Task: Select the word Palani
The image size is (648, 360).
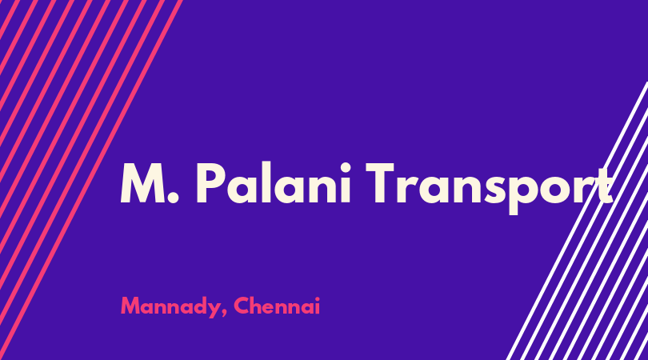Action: (274, 183)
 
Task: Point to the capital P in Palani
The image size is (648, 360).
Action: (210, 183)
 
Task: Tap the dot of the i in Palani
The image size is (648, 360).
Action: (346, 167)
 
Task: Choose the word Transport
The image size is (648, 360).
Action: (489, 188)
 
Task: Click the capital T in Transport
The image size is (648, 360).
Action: (381, 183)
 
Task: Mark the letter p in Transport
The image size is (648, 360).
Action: (526, 194)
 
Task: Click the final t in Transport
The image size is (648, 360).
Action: (604, 186)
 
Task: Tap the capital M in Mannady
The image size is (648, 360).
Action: (130, 306)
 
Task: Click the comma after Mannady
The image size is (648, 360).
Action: (225, 314)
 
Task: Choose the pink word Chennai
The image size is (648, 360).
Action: (277, 306)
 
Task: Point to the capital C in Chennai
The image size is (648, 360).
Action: (242, 306)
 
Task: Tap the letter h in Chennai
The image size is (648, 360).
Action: (257, 306)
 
